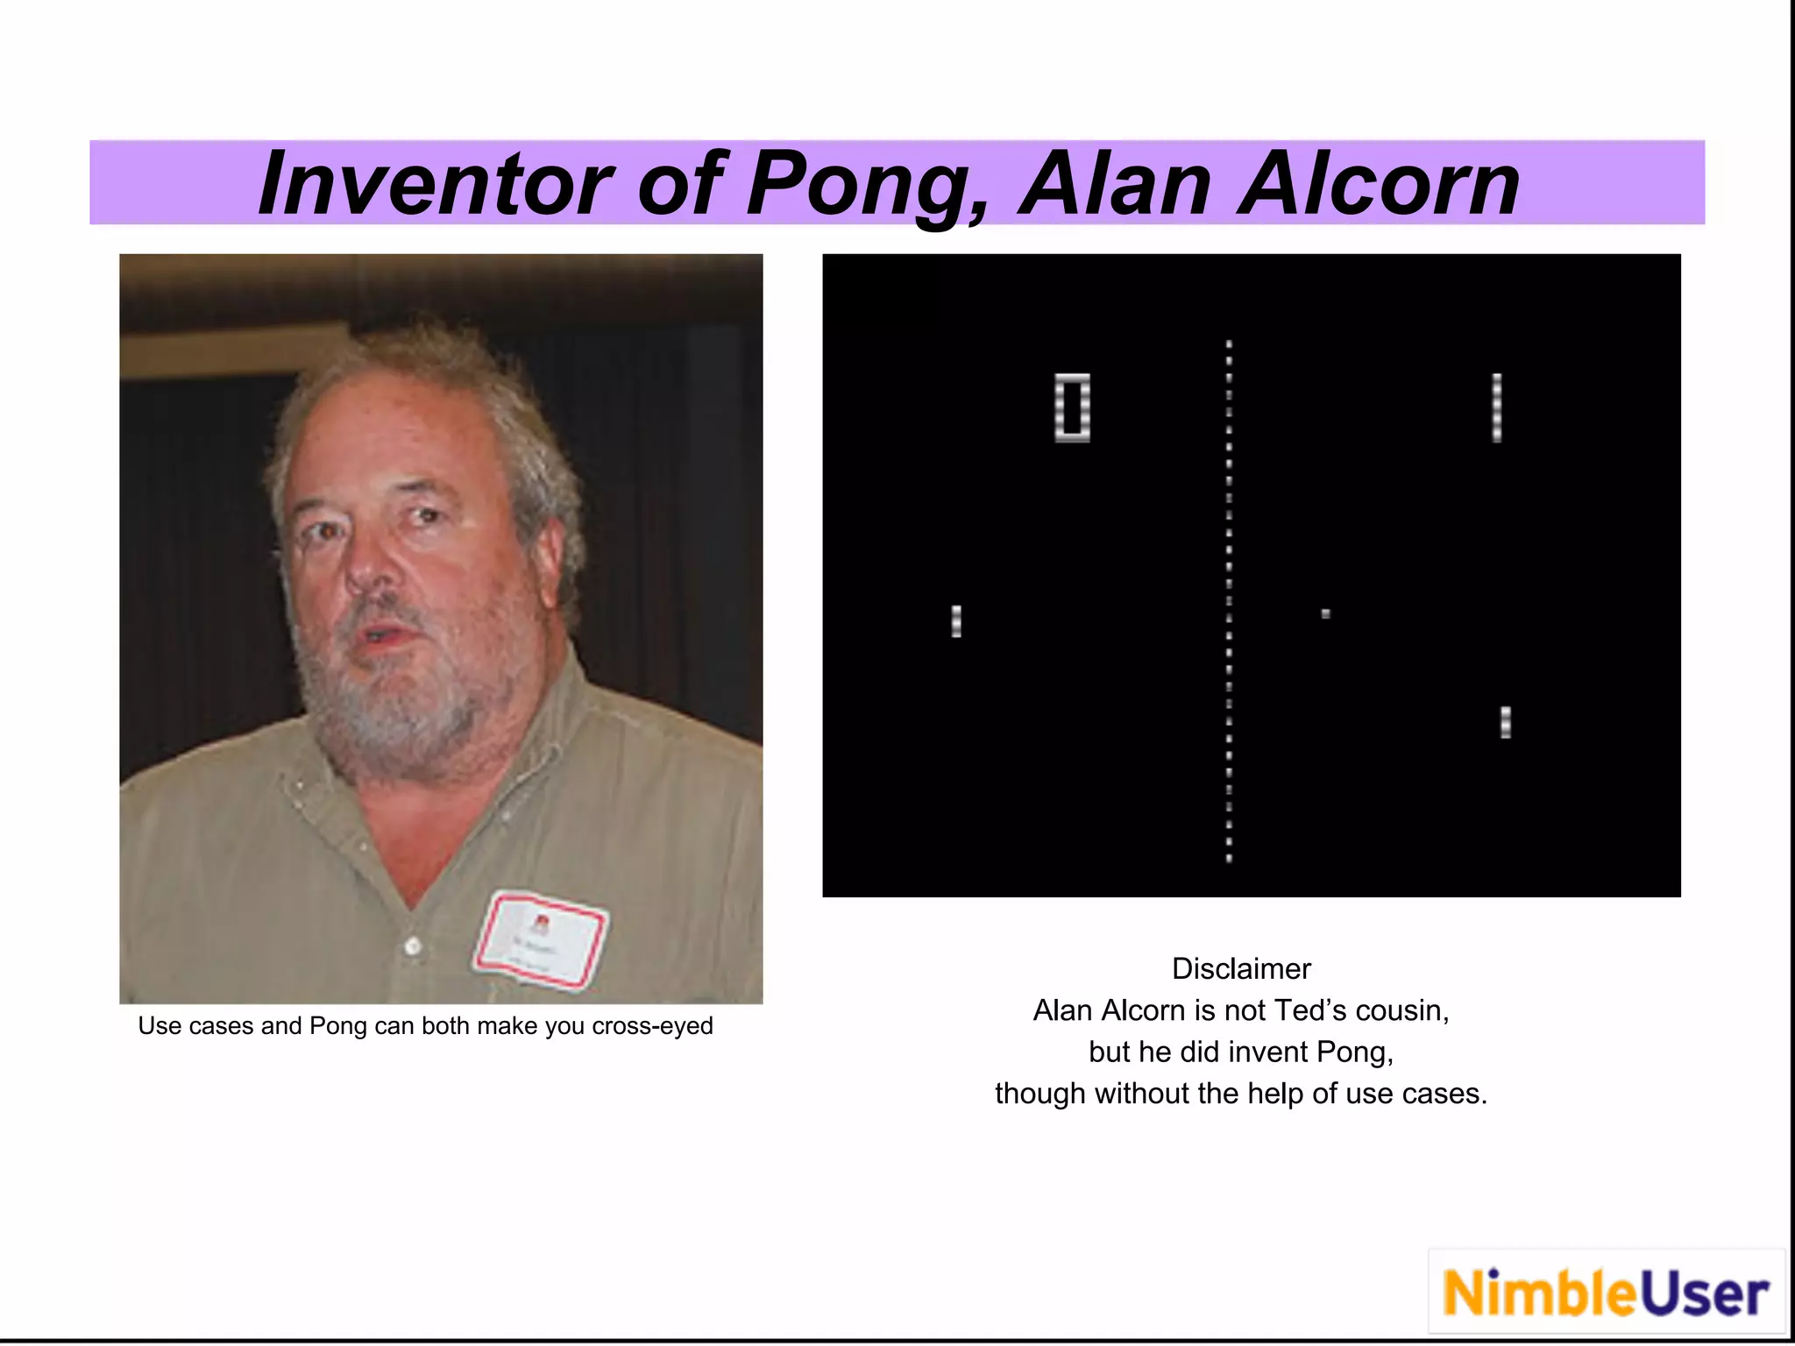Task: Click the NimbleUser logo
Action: tap(1606, 1293)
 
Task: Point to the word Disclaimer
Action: tap(1241, 969)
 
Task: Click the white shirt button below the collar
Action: tap(412, 945)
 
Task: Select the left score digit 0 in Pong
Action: tap(1072, 407)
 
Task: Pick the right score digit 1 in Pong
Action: tap(1497, 407)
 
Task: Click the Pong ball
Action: tap(1326, 614)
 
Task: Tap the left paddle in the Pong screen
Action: tap(956, 621)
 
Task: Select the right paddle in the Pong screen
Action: tap(1506, 723)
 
